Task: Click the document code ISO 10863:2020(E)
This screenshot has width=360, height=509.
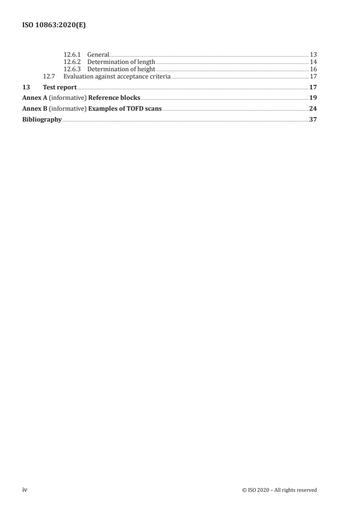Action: (x=54, y=26)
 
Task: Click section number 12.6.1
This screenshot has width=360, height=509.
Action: (x=72, y=55)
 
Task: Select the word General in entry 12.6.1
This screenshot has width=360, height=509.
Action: (x=98, y=55)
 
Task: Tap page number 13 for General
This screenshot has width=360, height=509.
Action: (x=313, y=55)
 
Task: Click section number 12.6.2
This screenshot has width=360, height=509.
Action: (x=72, y=62)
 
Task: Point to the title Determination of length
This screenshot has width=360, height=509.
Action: (x=121, y=62)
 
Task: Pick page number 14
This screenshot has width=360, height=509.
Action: (x=313, y=62)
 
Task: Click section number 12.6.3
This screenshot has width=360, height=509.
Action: (x=72, y=69)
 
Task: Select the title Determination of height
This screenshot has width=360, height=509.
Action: (x=121, y=69)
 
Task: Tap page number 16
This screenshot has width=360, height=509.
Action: (x=313, y=69)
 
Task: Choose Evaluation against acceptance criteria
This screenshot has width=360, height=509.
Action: (x=117, y=77)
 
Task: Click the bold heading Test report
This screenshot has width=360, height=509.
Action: (x=59, y=87)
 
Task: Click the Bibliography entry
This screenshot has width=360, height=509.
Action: (x=42, y=120)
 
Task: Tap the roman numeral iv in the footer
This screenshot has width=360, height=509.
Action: (x=25, y=490)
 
